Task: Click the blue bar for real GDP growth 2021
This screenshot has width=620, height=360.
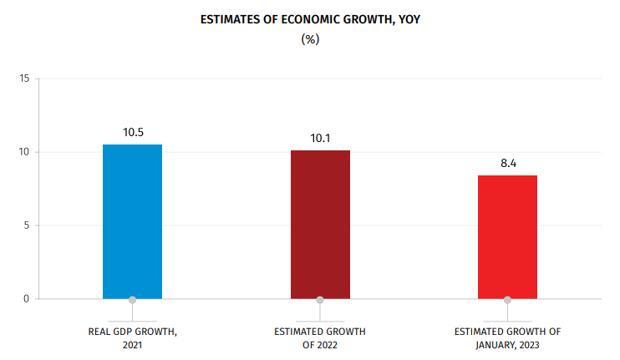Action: [x=132, y=221]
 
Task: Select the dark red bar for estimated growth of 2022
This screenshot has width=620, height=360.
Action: [x=320, y=224]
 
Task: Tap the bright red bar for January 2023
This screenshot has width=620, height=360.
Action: [x=507, y=236]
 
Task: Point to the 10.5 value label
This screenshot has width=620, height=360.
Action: [x=133, y=132]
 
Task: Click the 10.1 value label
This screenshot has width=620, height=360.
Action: [x=320, y=138]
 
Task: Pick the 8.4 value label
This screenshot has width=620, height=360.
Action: [x=508, y=163]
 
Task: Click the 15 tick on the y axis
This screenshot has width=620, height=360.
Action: [x=24, y=79]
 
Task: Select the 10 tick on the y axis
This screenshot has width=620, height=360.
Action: [x=24, y=152]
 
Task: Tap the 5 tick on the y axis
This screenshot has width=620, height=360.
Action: [x=27, y=226]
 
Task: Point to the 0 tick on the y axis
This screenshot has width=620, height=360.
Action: [x=27, y=298]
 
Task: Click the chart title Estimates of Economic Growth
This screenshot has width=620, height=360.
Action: [x=310, y=18]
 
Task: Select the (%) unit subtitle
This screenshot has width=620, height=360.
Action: [x=310, y=38]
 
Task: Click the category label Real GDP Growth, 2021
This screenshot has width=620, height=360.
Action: [x=133, y=338]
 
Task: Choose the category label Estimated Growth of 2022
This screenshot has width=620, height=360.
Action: [x=320, y=338]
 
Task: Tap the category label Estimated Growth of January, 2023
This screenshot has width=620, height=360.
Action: [x=507, y=338]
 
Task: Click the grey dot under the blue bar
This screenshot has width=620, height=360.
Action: [x=132, y=299]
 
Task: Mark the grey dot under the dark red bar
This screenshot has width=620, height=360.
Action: [x=320, y=299]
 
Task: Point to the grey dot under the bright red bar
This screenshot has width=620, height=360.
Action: [x=507, y=299]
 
